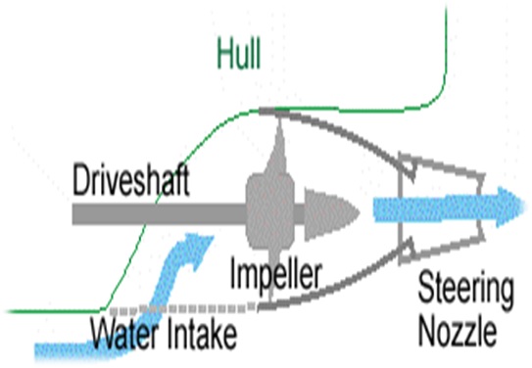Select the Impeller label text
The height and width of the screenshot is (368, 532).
tap(275, 276)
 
